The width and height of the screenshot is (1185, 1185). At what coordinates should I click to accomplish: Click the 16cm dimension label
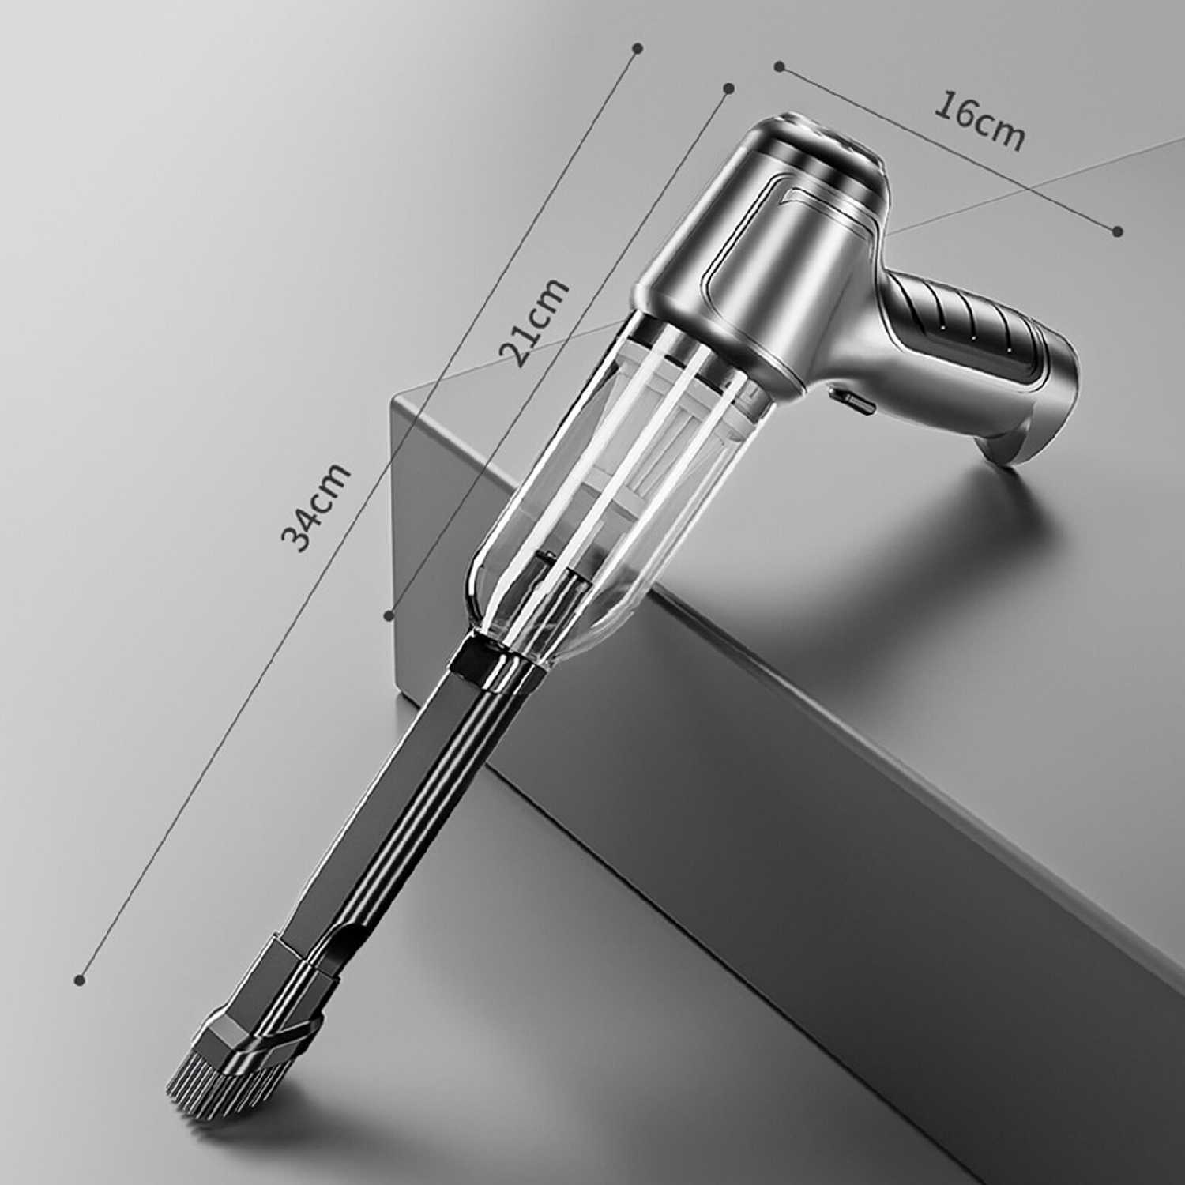pos(980,122)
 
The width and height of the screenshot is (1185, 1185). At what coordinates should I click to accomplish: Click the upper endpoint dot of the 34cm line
pos(638,48)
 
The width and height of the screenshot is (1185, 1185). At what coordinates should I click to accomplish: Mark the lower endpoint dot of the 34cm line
pos(79,980)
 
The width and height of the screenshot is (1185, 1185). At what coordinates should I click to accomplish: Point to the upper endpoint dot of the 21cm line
pos(729,88)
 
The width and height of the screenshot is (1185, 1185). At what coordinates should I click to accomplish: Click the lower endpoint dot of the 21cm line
pos(388,614)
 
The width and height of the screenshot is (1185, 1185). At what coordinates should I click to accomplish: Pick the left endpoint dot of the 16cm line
pos(778,66)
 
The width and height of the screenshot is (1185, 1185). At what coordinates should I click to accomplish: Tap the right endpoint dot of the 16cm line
pos(1117,231)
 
